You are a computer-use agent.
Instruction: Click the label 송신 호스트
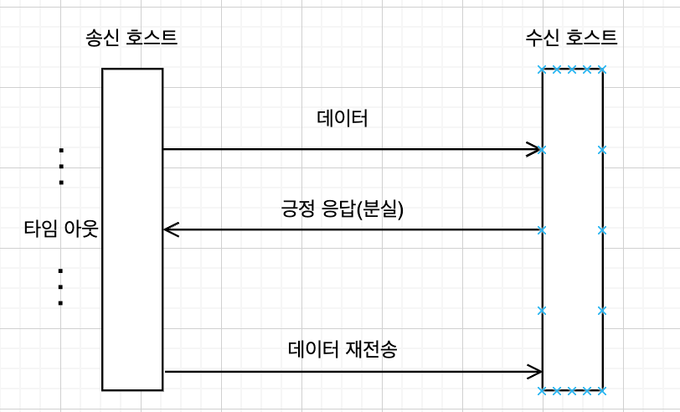click(x=131, y=38)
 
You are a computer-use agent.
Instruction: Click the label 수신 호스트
click(x=571, y=38)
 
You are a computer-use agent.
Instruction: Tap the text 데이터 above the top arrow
click(x=343, y=118)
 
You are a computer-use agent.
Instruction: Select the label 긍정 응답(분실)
click(x=343, y=209)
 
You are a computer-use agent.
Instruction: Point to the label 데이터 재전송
click(x=343, y=348)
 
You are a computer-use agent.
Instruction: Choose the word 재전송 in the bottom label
click(x=371, y=348)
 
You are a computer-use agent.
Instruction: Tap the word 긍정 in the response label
click(x=298, y=209)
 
